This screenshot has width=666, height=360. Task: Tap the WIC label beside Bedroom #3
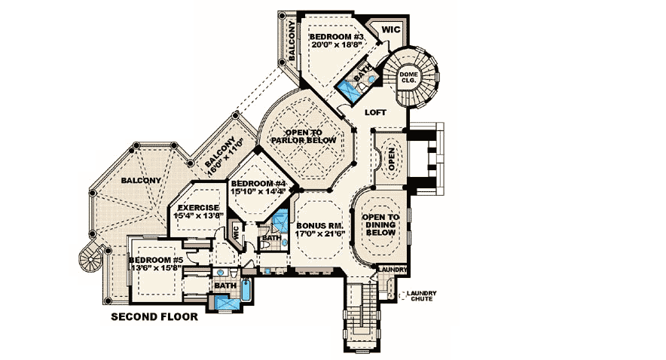[x=390, y=29]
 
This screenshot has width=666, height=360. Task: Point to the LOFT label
[x=375, y=111]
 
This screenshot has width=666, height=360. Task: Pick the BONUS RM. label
[x=320, y=225]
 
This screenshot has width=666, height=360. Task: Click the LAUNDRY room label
[x=392, y=270]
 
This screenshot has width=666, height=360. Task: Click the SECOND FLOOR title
[x=154, y=317]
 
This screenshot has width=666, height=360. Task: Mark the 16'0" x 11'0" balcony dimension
[x=228, y=150]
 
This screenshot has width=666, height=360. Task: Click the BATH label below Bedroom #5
[x=225, y=285]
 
